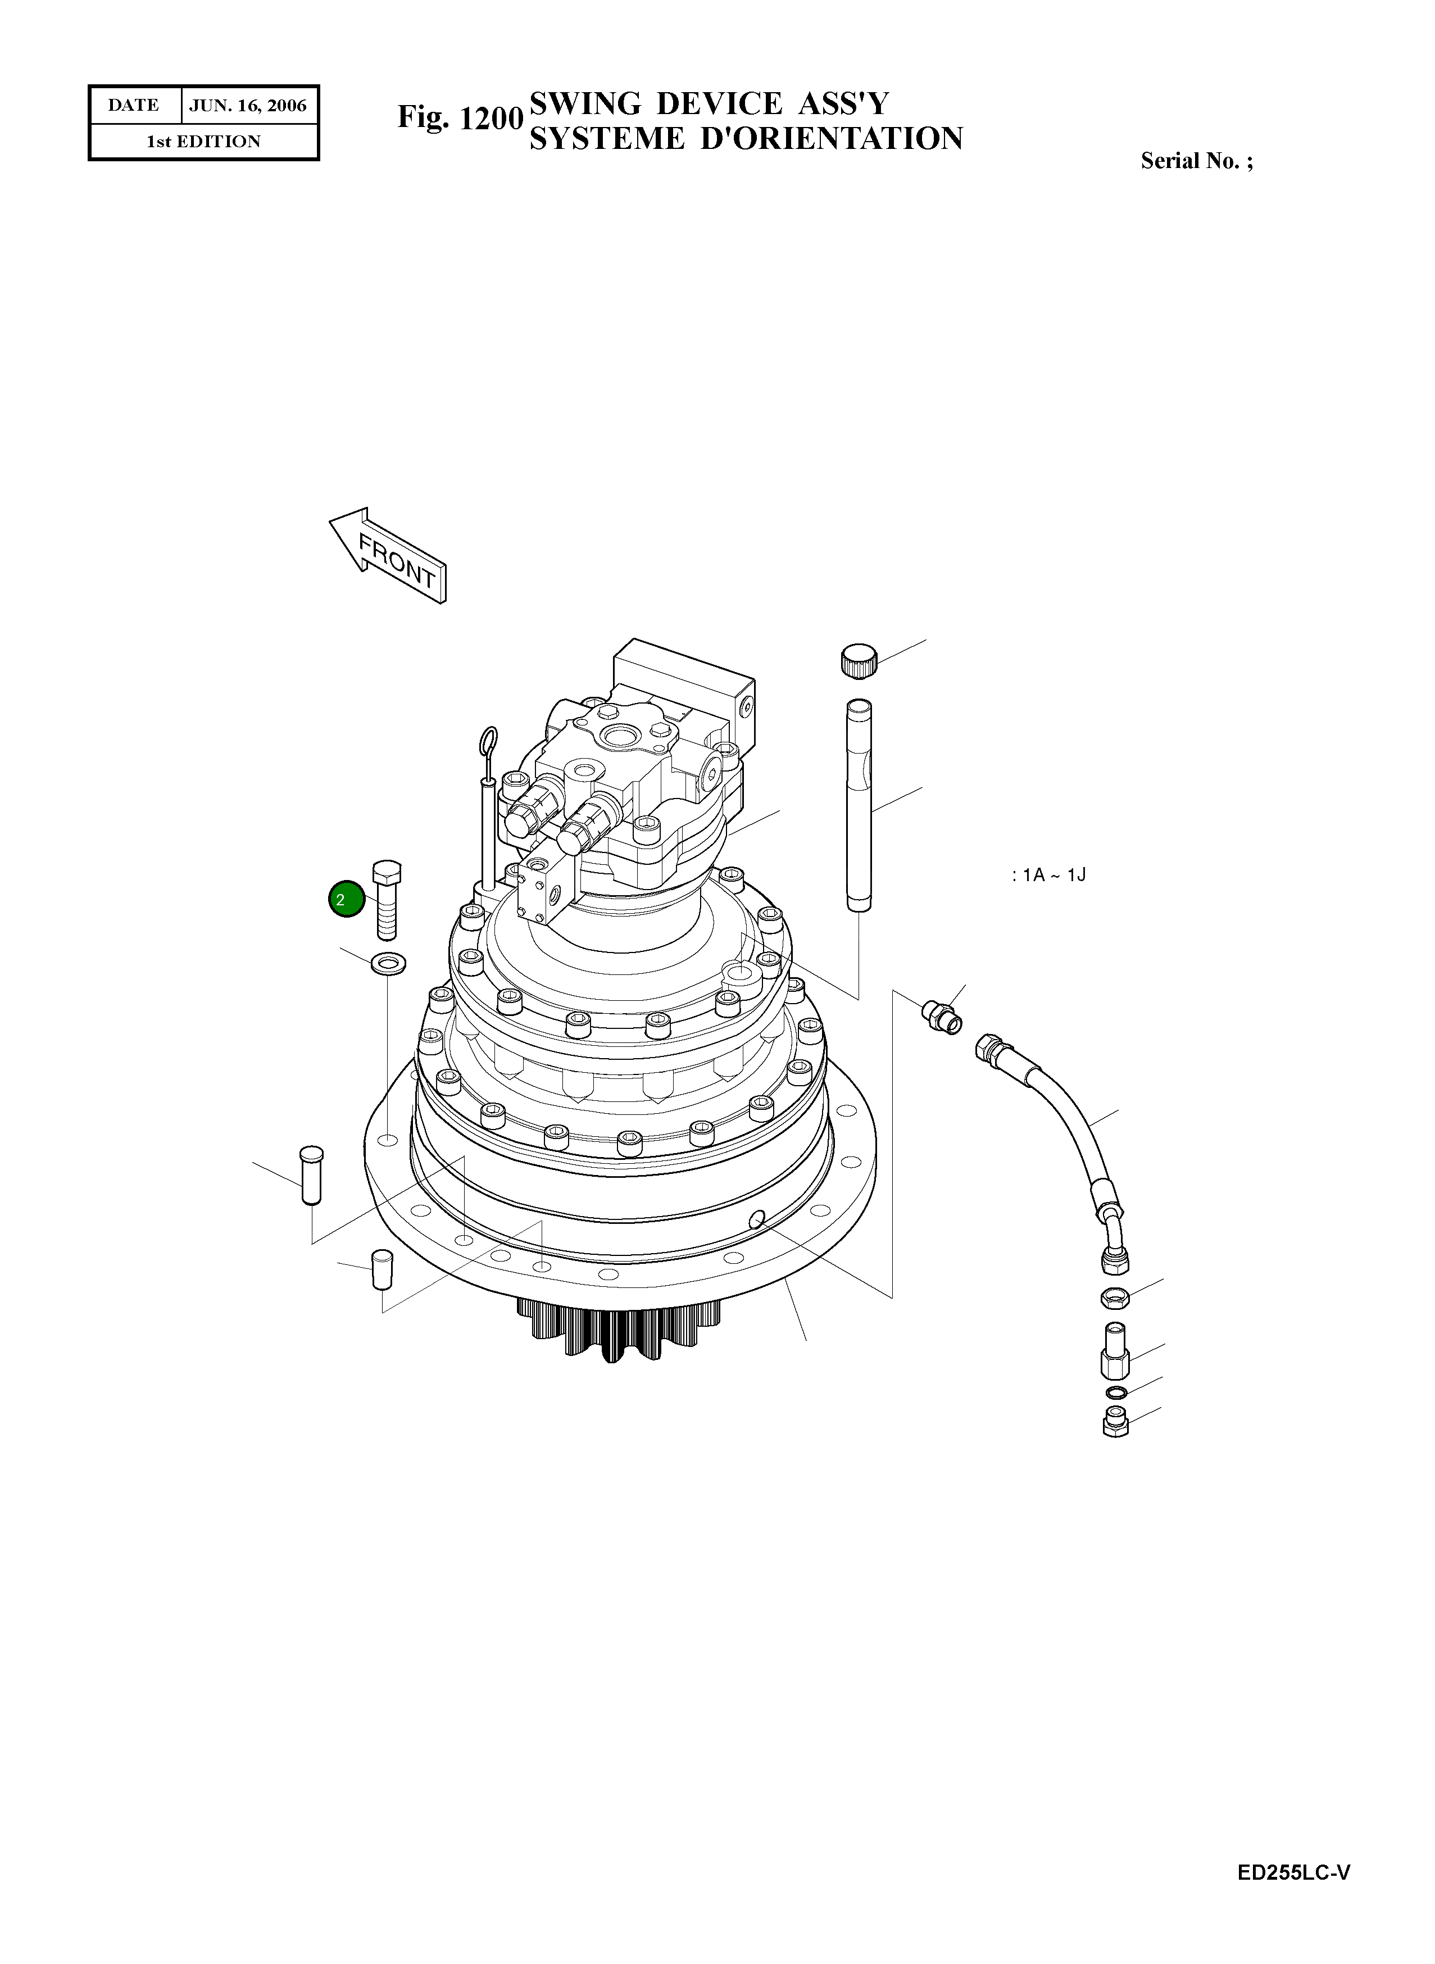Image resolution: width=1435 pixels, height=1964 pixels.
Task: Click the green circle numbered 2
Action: [x=346, y=899]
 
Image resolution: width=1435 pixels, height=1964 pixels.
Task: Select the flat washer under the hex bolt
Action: [x=389, y=963]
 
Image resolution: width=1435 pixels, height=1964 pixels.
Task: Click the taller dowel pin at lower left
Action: [x=311, y=1174]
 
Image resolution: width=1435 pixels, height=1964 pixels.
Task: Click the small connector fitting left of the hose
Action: [x=942, y=1017]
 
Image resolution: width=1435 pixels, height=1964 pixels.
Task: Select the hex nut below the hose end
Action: [x=1115, y=1298]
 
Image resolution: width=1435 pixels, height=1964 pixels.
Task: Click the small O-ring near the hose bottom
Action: [x=1116, y=1393]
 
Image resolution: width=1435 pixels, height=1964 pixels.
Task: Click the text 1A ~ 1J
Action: [x=1050, y=875]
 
